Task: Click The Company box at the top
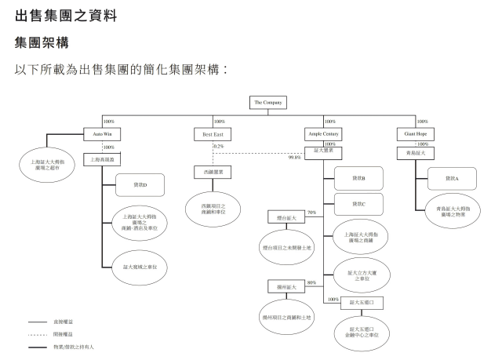(267, 103)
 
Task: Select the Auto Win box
(103, 135)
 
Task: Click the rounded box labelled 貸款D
(139, 185)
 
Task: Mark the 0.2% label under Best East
(218, 147)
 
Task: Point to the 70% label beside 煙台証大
(311, 213)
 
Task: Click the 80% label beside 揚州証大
(311, 282)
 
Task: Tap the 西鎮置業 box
(213, 171)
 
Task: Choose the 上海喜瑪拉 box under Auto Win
(103, 159)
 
